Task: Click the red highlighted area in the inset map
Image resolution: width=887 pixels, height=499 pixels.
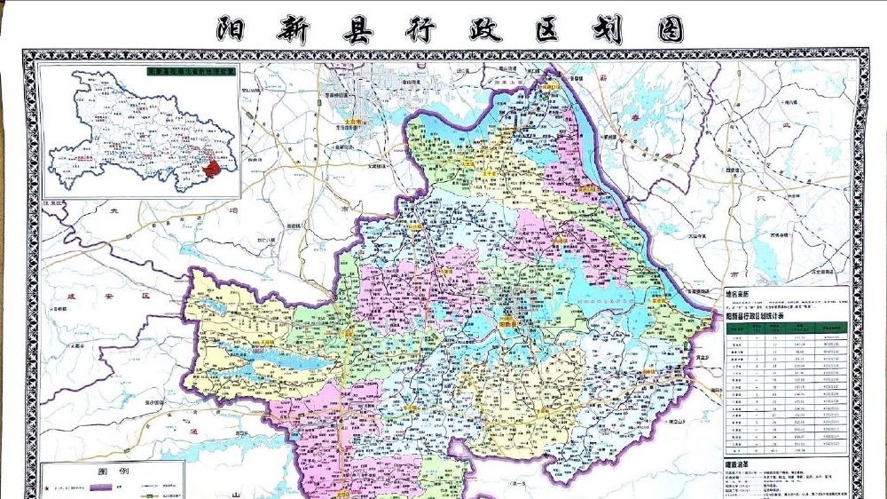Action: click(214, 167)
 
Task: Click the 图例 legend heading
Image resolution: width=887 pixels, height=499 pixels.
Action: click(114, 472)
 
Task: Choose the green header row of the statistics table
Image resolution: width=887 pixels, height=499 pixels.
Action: click(785, 327)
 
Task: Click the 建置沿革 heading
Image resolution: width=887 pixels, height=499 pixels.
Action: click(733, 465)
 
